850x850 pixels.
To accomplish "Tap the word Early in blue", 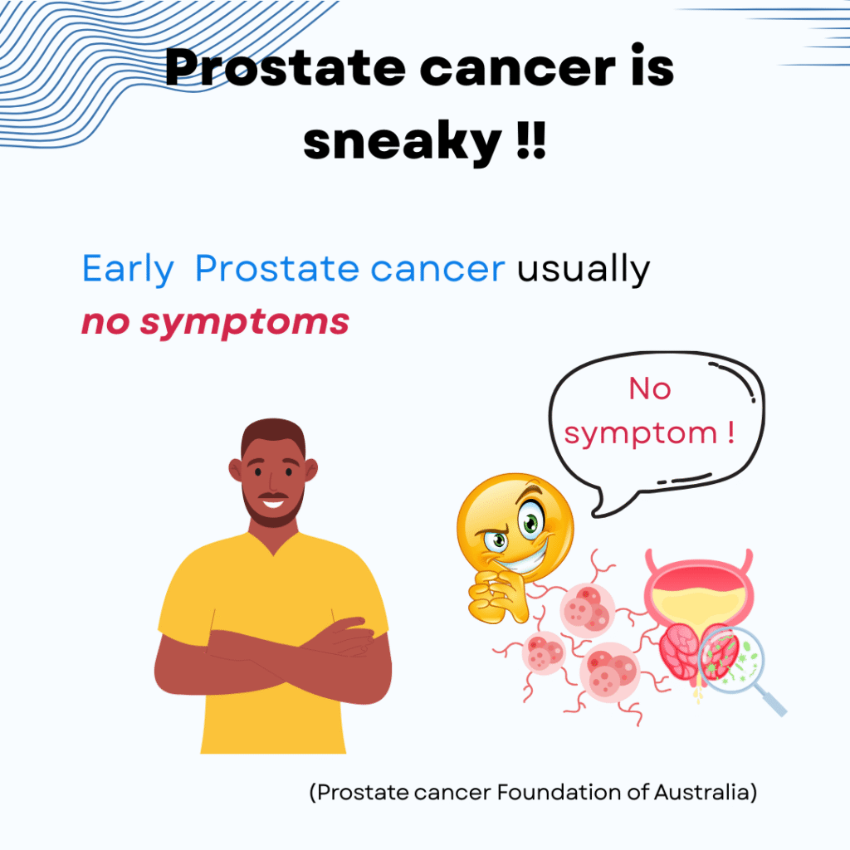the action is point(128,270).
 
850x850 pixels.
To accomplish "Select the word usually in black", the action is point(584,270).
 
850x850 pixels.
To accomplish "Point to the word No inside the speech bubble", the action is point(650,388).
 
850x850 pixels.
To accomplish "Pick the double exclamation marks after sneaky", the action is point(530,139).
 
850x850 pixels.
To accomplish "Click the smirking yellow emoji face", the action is point(515,530).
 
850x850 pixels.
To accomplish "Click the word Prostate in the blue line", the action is point(276,270).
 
